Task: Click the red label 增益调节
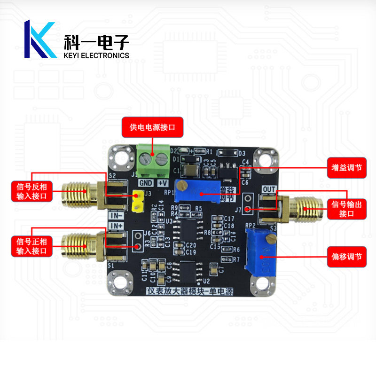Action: (346, 168)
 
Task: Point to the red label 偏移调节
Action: (346, 257)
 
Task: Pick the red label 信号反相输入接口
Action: (32, 192)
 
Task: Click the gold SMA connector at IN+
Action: (85, 245)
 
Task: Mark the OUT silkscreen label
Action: (269, 189)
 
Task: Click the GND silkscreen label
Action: (146, 183)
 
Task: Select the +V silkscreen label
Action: (163, 183)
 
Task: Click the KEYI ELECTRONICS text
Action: (96, 55)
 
